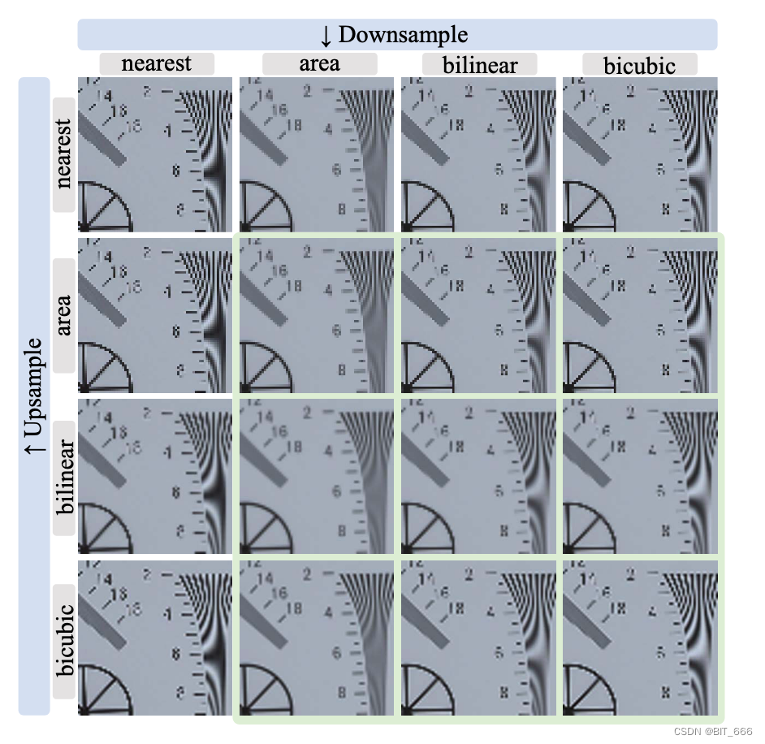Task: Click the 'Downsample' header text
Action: [403, 35]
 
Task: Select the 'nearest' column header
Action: [157, 64]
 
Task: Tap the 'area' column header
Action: [319, 64]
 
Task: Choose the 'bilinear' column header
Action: [481, 65]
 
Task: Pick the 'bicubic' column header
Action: [640, 65]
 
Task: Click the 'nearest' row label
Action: [64, 154]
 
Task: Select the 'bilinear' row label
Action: [64, 478]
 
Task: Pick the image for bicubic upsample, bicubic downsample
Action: [640, 638]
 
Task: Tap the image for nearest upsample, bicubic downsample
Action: [640, 154]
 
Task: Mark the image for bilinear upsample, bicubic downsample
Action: [640, 477]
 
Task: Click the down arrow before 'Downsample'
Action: [326, 36]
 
